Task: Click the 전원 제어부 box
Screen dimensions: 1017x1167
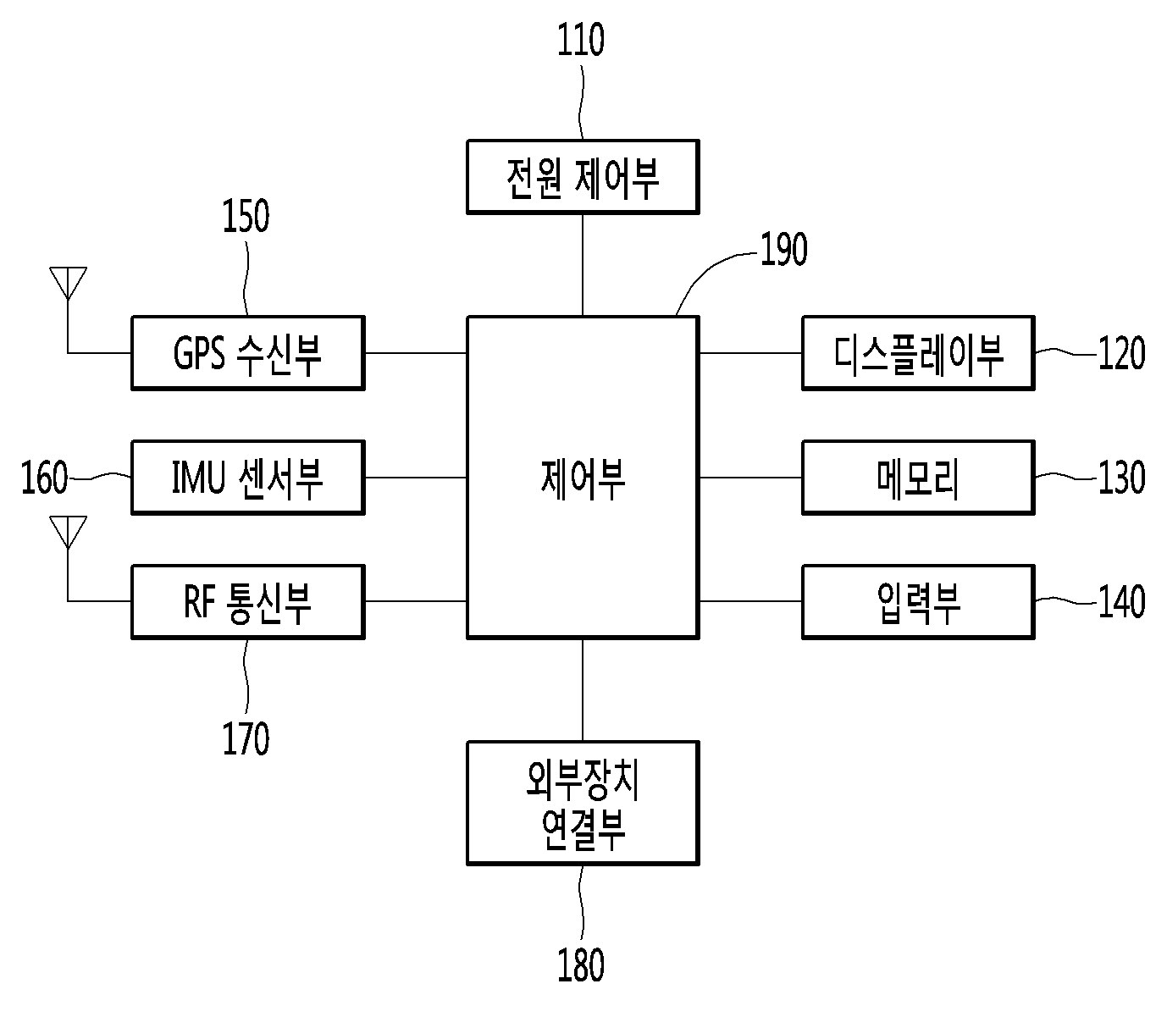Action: click(x=583, y=176)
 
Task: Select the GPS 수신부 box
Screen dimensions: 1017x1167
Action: click(x=247, y=353)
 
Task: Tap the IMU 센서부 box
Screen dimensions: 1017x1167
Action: click(x=247, y=477)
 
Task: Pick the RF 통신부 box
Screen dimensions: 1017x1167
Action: click(x=247, y=601)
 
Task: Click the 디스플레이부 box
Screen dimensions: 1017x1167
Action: click(x=918, y=353)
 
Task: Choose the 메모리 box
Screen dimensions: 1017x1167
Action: click(x=918, y=477)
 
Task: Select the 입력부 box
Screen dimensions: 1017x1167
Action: click(x=918, y=601)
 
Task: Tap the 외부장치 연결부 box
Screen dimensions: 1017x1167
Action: click(x=583, y=803)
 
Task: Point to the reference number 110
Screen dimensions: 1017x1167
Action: click(x=581, y=41)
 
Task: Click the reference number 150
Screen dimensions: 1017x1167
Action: click(x=246, y=216)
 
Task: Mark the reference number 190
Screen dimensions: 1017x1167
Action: click(x=783, y=250)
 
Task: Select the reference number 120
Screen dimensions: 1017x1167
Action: click(x=1121, y=353)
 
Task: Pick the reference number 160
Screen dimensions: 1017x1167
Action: click(x=44, y=478)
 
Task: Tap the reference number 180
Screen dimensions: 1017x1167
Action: click(x=581, y=965)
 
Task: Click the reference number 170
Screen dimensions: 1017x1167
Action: click(x=246, y=738)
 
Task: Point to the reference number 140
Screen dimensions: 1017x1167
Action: click(x=1121, y=602)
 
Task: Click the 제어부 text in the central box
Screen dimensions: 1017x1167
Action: click(x=583, y=478)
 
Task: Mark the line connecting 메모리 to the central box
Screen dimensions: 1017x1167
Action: click(x=750, y=478)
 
